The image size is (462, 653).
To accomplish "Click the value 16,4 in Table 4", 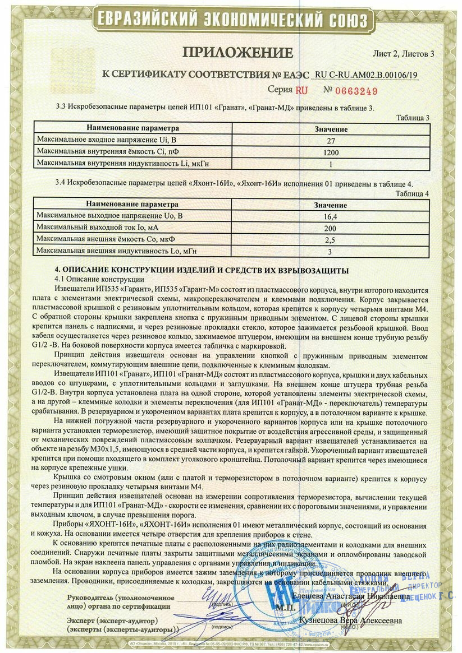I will coord(331,216).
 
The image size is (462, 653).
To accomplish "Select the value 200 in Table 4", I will coord(331,228).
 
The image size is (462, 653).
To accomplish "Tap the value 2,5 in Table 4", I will coord(331,239).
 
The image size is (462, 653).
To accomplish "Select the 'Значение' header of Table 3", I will coord(331,129).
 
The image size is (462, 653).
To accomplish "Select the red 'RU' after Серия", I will coord(302,90).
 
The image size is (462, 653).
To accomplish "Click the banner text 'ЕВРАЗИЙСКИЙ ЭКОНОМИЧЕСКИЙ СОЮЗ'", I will coord(231,20).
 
